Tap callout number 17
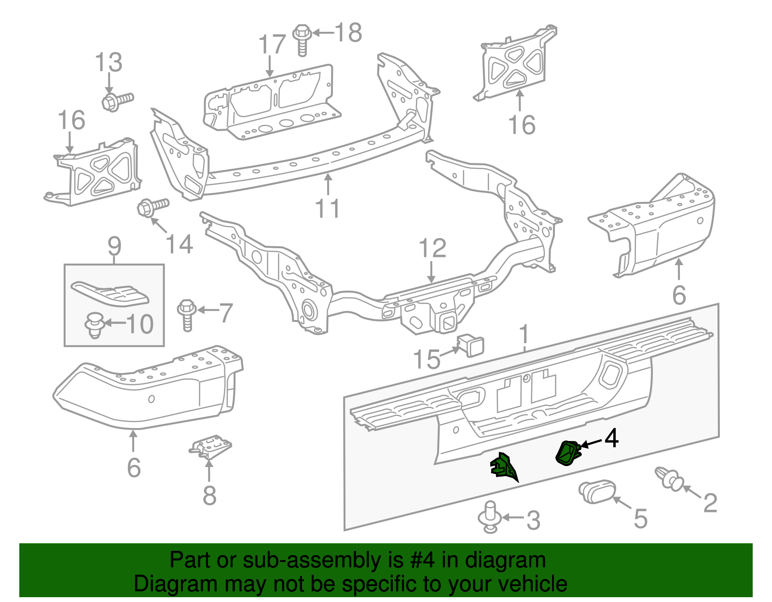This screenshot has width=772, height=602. (x=272, y=45)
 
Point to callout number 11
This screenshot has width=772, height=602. (x=327, y=209)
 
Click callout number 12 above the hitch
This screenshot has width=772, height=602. (x=432, y=249)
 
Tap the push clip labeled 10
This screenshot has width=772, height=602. (x=95, y=324)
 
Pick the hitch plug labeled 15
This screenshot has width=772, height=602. (x=470, y=345)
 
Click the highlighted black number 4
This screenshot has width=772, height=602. (x=611, y=438)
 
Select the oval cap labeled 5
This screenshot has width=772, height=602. (x=596, y=491)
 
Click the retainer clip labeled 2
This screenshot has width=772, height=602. (x=669, y=477)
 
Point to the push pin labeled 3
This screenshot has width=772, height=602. (x=490, y=517)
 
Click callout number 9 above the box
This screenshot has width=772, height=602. (x=114, y=246)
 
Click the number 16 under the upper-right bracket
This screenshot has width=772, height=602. (x=522, y=125)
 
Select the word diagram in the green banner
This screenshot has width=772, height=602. (x=515, y=560)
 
